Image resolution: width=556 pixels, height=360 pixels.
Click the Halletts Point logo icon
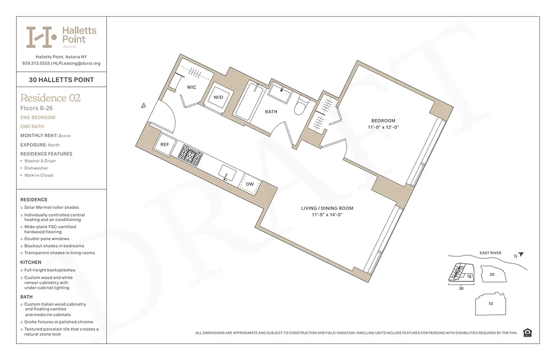(x=40, y=37)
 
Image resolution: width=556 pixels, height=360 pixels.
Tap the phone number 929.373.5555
(x=36, y=63)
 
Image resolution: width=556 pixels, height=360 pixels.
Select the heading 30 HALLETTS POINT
(x=61, y=80)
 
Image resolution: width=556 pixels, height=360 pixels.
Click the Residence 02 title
(x=50, y=98)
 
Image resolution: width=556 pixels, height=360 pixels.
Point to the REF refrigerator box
(x=164, y=145)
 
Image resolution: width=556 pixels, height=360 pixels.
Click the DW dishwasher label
(x=250, y=184)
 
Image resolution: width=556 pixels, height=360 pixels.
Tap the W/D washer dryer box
(x=218, y=97)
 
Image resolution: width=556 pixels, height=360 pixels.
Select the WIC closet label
(x=191, y=87)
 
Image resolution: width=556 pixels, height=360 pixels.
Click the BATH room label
(x=271, y=112)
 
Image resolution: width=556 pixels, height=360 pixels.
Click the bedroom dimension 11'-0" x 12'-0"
(x=383, y=127)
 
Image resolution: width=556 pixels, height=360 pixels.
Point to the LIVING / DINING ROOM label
(x=327, y=208)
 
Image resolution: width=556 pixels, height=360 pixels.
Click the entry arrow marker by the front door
(x=143, y=105)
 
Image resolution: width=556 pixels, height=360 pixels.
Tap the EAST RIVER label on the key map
(x=490, y=253)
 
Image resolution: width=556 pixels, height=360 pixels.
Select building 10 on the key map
(x=490, y=304)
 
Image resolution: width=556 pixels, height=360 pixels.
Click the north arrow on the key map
(x=520, y=254)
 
